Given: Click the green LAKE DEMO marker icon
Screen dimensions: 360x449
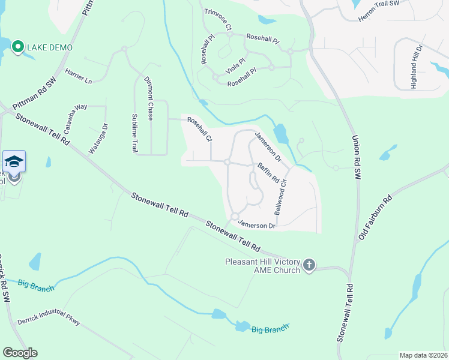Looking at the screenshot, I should click(x=18, y=47).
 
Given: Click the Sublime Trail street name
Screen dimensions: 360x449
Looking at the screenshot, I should click(x=134, y=133).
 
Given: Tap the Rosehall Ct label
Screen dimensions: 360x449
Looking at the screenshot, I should click(x=200, y=129).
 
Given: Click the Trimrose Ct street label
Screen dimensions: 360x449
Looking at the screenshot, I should click(x=218, y=20).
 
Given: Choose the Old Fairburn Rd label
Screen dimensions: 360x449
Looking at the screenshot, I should click(x=375, y=217).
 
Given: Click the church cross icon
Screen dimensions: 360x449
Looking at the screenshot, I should click(x=309, y=265).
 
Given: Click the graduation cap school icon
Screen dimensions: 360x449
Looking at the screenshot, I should click(x=14, y=161).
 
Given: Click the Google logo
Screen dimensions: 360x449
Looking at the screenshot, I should click(x=20, y=353).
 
